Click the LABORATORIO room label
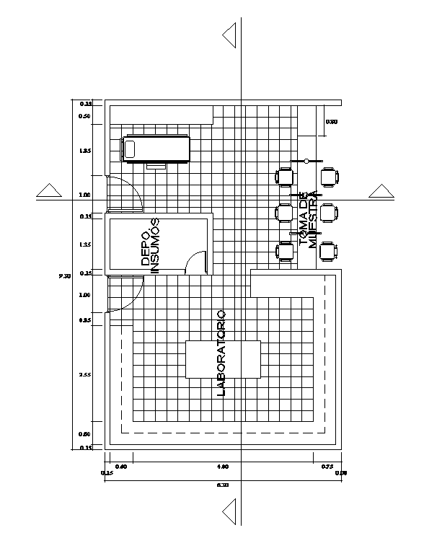(221, 353)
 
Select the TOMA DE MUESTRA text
(307, 220)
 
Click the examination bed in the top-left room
(156, 149)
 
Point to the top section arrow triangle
(230, 35)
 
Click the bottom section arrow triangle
(230, 513)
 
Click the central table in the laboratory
(223, 359)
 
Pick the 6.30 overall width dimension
(223, 485)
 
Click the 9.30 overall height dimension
(64, 275)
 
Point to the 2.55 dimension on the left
(85, 374)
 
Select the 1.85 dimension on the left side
(85, 151)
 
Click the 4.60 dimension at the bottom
(223, 467)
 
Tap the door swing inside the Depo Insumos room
(195, 263)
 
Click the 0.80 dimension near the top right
(332, 122)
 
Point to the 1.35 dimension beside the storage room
(85, 245)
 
